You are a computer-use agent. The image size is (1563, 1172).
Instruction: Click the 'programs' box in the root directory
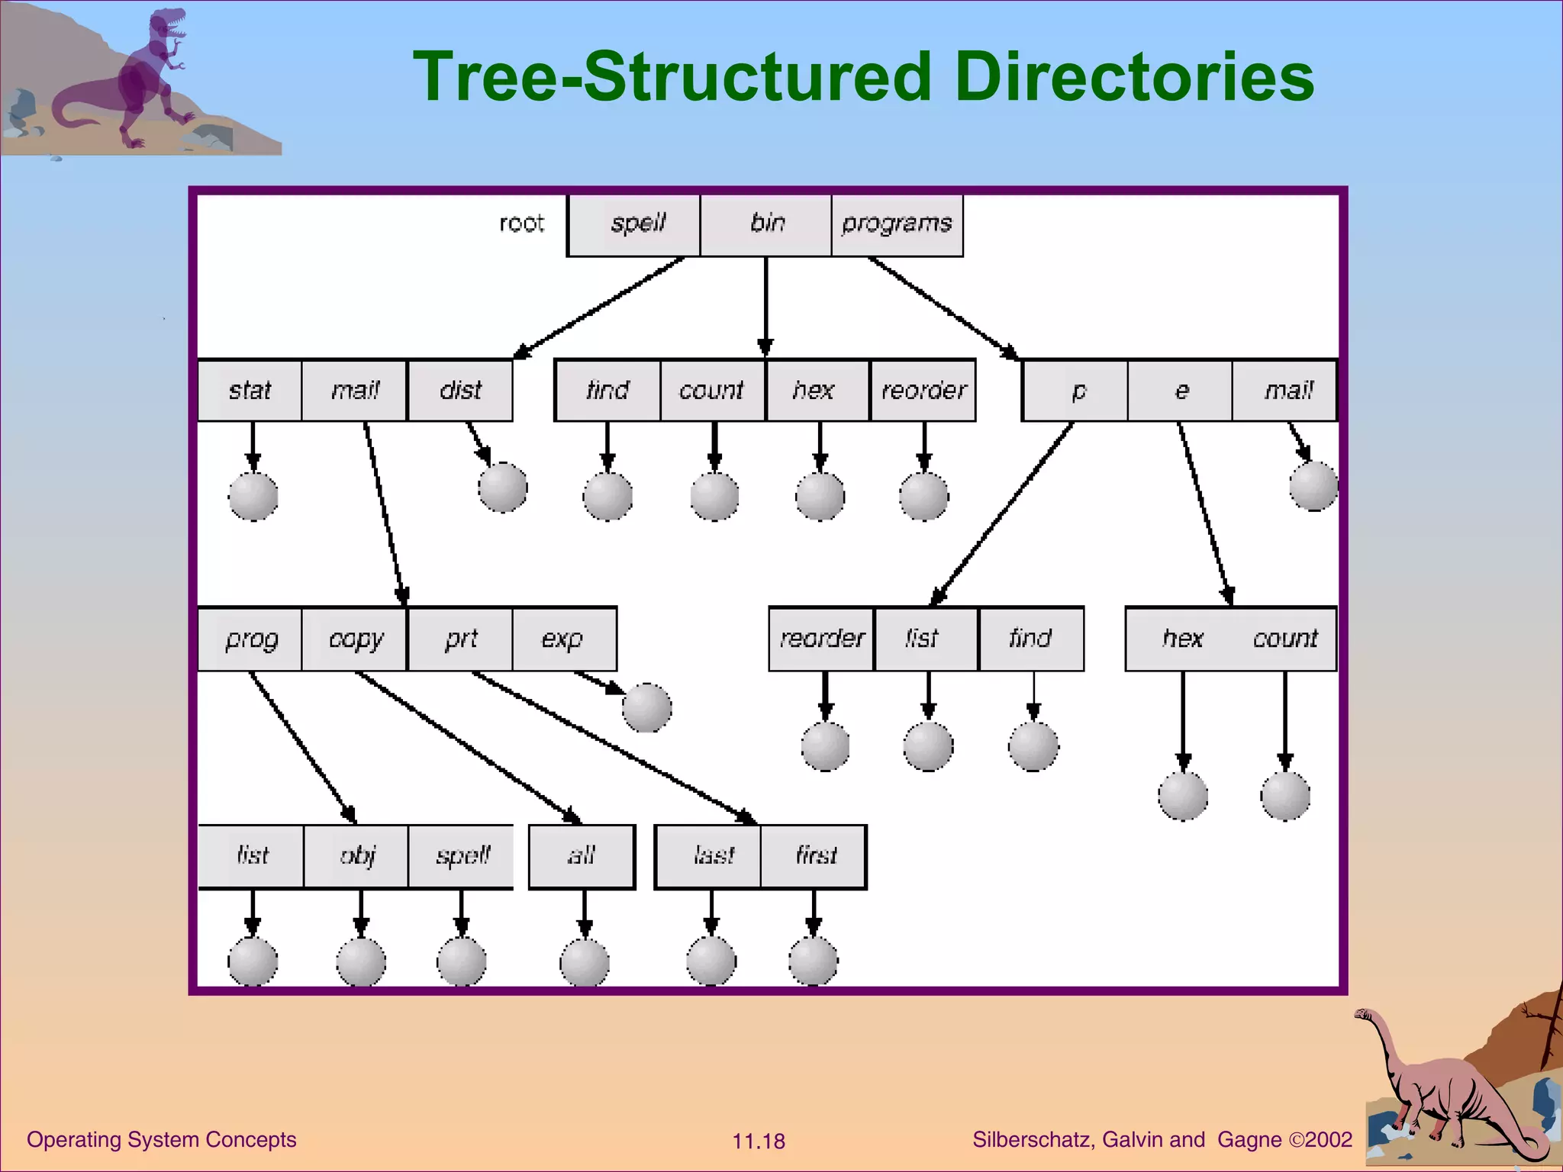pyautogui.click(x=897, y=224)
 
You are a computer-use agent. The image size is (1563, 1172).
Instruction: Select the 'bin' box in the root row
pyautogui.click(x=766, y=224)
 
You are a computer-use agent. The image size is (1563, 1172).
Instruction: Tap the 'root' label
pyautogui.click(x=521, y=224)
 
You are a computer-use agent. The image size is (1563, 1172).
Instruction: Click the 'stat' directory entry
pyautogui.click(x=250, y=391)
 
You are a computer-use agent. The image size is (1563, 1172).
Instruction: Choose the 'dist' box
pyautogui.click(x=460, y=391)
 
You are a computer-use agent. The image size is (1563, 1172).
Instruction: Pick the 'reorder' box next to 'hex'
pyautogui.click(x=923, y=391)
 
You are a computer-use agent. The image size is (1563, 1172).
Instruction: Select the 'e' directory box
pyautogui.click(x=1181, y=391)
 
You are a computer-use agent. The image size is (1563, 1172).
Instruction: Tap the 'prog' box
pyautogui.click(x=250, y=639)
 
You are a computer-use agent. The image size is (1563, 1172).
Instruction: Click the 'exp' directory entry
pyautogui.click(x=563, y=639)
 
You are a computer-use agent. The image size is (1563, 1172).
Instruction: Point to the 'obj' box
pyautogui.click(x=356, y=856)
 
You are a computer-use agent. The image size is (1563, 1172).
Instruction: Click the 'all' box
pyautogui.click(x=582, y=856)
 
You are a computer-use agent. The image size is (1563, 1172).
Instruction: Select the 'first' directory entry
pyautogui.click(x=814, y=856)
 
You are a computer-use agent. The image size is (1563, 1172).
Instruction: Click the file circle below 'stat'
pyautogui.click(x=253, y=496)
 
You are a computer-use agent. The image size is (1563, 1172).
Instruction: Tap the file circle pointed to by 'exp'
pyautogui.click(x=646, y=707)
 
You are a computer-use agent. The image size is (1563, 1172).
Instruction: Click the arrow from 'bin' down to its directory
pyautogui.click(x=765, y=305)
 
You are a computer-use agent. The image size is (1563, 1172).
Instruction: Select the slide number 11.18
pyautogui.click(x=759, y=1141)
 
